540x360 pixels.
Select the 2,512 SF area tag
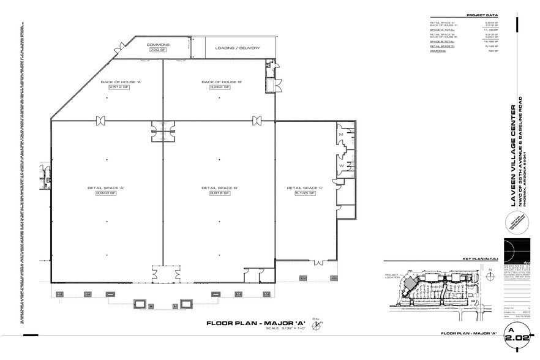(x=119, y=88)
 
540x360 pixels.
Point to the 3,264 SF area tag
(x=219, y=88)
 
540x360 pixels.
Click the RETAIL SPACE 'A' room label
(x=119, y=187)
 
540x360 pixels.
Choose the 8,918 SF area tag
(x=219, y=193)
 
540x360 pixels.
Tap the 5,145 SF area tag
(x=304, y=193)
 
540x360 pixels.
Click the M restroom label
(x=340, y=133)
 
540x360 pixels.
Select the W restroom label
(x=340, y=165)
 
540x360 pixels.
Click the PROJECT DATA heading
(x=481, y=15)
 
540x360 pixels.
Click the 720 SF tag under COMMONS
(x=158, y=50)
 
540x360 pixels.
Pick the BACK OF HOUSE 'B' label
(x=219, y=82)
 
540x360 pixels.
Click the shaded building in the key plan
(x=406, y=285)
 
